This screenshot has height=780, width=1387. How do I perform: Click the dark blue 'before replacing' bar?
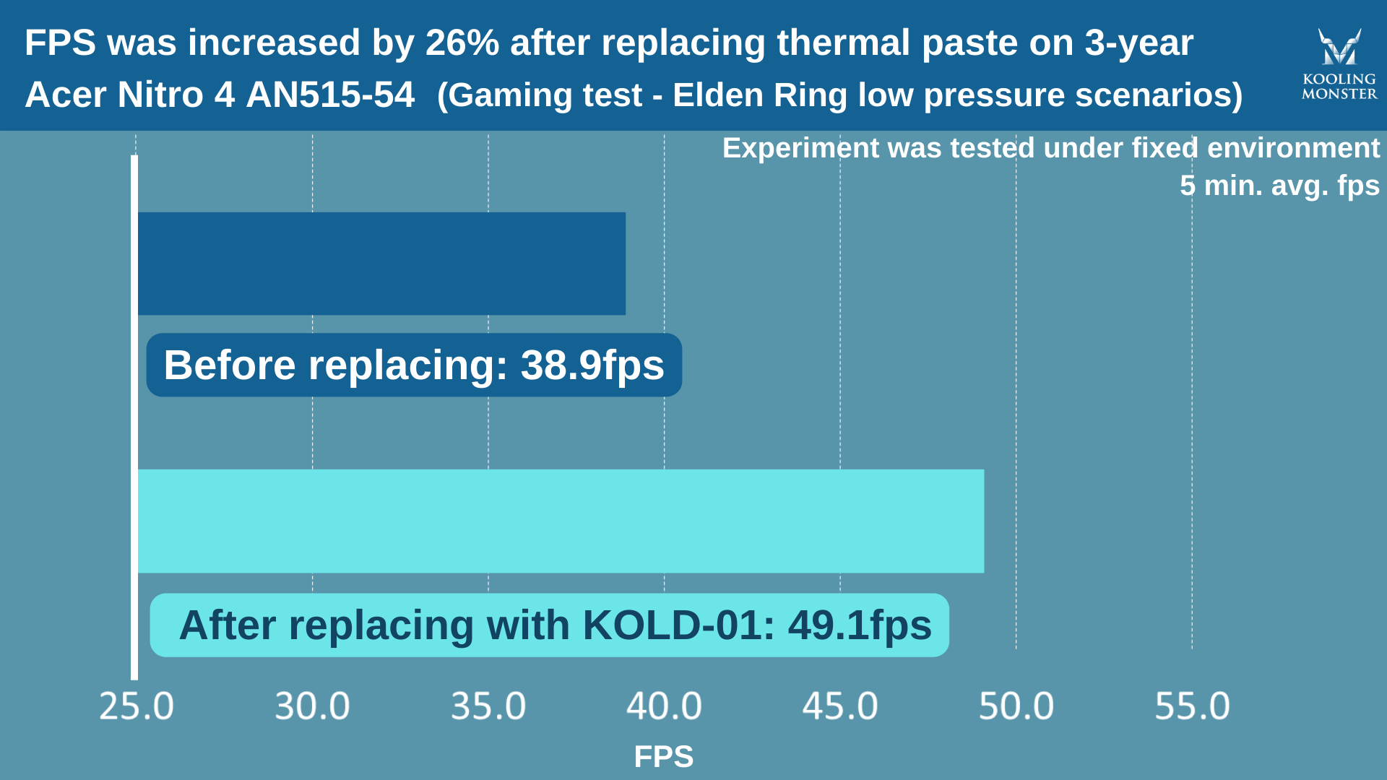tap(381, 264)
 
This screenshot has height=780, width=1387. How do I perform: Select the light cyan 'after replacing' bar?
tap(561, 521)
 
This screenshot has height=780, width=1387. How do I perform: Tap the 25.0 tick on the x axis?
tap(137, 706)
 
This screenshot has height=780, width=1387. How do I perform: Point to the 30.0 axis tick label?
tap(312, 706)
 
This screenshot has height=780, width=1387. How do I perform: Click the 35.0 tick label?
tap(488, 706)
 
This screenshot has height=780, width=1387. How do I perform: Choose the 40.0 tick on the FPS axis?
tap(664, 706)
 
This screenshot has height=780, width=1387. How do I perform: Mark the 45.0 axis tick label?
tap(840, 706)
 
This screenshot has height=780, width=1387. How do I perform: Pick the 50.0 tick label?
tap(1016, 706)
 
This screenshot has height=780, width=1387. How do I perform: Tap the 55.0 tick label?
tap(1192, 706)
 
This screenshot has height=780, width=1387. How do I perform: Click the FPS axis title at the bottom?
tap(663, 757)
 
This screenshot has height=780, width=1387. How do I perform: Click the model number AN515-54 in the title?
tap(330, 95)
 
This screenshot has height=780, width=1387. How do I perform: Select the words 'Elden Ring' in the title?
tap(759, 95)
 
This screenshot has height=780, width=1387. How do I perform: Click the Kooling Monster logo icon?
tap(1339, 48)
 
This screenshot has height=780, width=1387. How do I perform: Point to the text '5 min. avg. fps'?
tap(1279, 186)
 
